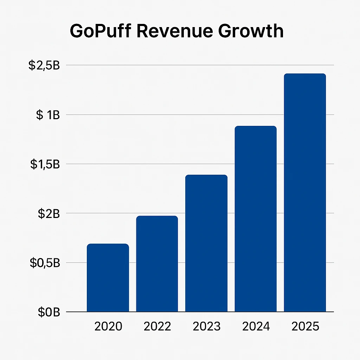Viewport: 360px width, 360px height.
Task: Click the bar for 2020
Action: (x=108, y=278)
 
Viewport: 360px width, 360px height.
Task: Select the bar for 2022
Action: (x=157, y=264)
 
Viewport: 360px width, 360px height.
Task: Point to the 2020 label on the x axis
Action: (x=108, y=326)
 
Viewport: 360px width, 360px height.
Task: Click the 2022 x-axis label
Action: (x=157, y=326)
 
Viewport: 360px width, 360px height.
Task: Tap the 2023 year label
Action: (x=207, y=326)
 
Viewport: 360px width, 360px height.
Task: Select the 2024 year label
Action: (x=256, y=326)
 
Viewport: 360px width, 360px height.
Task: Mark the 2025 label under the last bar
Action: (x=305, y=326)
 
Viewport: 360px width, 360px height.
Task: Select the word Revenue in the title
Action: (x=174, y=31)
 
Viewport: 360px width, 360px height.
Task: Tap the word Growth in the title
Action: (x=251, y=31)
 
